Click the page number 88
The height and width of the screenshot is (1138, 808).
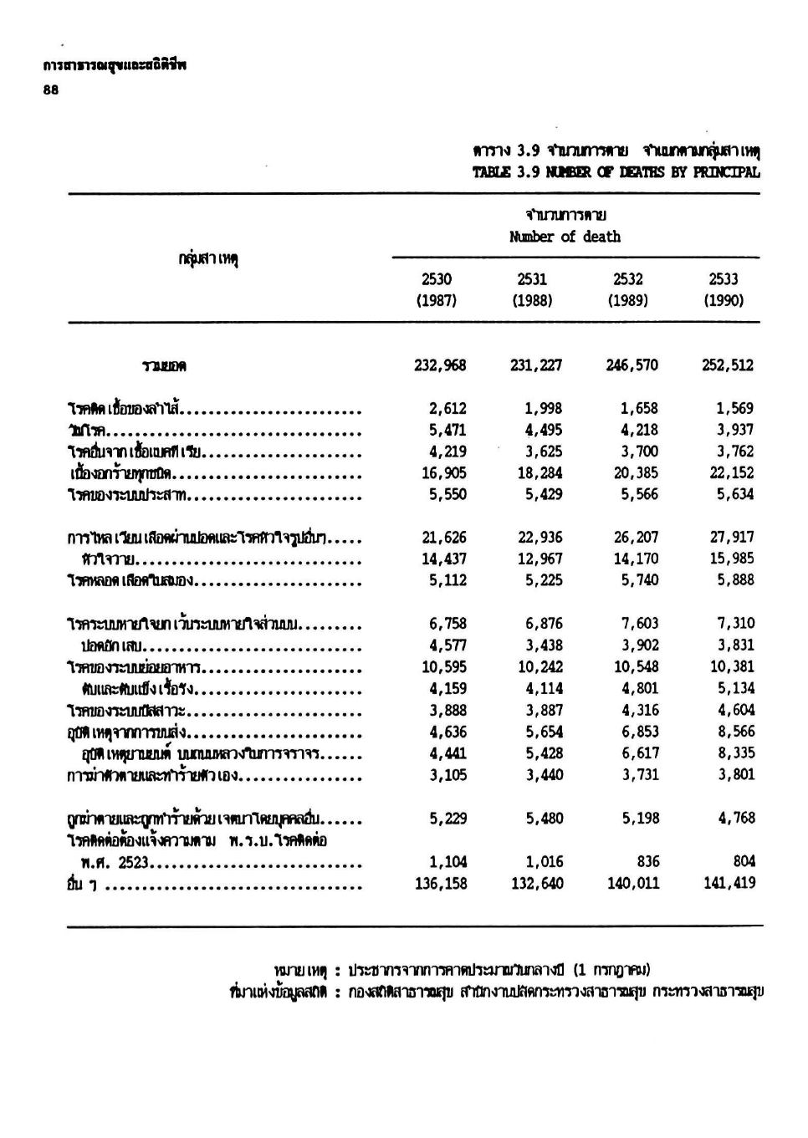pyautogui.click(x=51, y=93)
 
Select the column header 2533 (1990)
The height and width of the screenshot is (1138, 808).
pyautogui.click(x=724, y=289)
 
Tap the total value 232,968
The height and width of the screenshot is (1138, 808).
pyautogui.click(x=440, y=365)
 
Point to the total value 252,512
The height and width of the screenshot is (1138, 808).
pyautogui.click(x=728, y=365)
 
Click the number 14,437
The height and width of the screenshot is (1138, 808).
pyautogui.click(x=443, y=559)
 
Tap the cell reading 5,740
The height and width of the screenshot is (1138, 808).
pyautogui.click(x=640, y=580)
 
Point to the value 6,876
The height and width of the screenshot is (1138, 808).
pyautogui.click(x=544, y=624)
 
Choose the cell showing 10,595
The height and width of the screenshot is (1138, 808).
pyautogui.click(x=443, y=667)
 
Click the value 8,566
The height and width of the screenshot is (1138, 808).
pyautogui.click(x=735, y=732)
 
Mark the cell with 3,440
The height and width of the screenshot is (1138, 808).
pyautogui.click(x=544, y=775)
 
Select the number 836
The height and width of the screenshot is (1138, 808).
pyautogui.click(x=647, y=862)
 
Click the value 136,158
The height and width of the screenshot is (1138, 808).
pyautogui.click(x=440, y=884)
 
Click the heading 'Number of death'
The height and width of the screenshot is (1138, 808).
pyautogui.click(x=565, y=237)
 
